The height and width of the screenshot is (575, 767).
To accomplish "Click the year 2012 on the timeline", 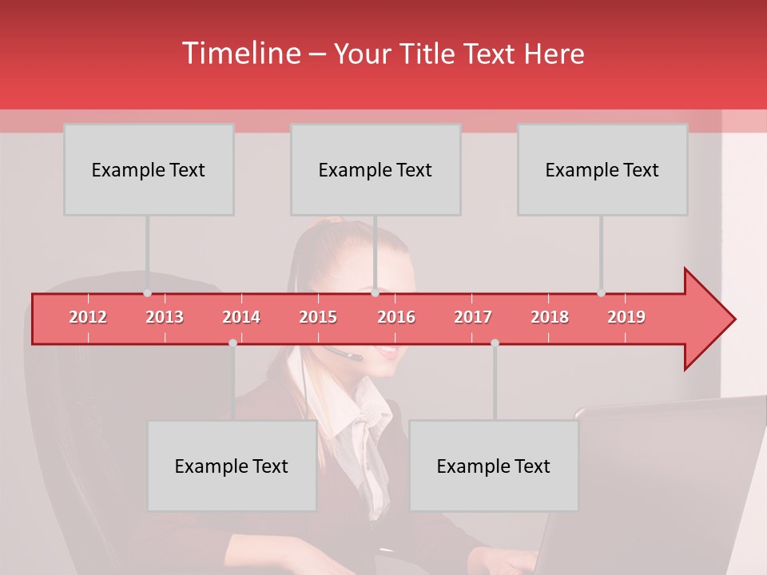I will tap(88, 317).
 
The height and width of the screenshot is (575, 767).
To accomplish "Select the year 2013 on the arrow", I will tap(165, 317).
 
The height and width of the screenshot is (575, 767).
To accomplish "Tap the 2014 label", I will tap(241, 317).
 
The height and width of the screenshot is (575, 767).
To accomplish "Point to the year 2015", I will tap(318, 317).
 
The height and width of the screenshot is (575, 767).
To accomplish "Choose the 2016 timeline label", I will tap(396, 317).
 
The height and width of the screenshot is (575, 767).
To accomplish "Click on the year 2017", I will tap(473, 317).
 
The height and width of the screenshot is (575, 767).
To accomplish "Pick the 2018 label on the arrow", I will tap(550, 317).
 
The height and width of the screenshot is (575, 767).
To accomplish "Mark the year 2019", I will tap(626, 317).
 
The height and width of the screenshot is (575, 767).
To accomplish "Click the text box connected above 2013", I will tap(149, 169).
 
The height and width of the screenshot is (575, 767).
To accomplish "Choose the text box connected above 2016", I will tap(376, 169).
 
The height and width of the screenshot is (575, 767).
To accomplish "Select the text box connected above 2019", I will tap(602, 169).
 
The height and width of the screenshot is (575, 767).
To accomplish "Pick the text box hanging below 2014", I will tap(232, 466).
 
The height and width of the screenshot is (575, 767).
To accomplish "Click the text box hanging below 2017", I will tap(494, 466).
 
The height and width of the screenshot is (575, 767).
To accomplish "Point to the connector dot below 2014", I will tap(232, 343).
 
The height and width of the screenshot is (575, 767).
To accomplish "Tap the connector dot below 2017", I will tap(495, 343).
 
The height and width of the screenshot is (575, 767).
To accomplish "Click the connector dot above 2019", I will tap(601, 293).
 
